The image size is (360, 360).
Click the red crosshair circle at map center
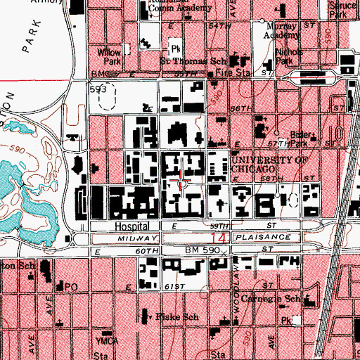[183, 184]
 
